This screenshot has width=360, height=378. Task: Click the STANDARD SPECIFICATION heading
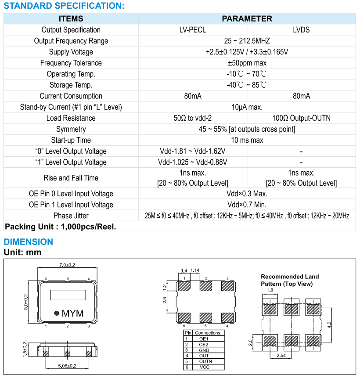[x=64, y=6]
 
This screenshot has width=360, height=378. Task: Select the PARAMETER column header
[x=247, y=19]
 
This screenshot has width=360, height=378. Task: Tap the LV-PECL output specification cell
[x=192, y=30]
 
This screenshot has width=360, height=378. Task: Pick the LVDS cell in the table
[x=301, y=30]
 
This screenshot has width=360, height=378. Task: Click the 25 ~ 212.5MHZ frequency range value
[x=247, y=41]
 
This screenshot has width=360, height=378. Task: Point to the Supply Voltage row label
[x=71, y=52]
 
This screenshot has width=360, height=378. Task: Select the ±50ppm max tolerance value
[x=247, y=63]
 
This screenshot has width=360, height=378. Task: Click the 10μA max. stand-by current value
[x=247, y=107]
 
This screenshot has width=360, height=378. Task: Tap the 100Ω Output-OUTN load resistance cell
[x=301, y=118]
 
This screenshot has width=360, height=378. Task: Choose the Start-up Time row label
[x=71, y=140]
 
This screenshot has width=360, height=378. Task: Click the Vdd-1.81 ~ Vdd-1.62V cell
[x=192, y=151]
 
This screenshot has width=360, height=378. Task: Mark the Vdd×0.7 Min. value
[x=247, y=205]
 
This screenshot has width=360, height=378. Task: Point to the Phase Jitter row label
[x=71, y=216]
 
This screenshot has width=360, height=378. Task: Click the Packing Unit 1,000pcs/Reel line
[x=60, y=227]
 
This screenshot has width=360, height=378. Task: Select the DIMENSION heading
[x=29, y=242]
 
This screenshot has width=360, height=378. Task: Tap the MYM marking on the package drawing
[x=72, y=313]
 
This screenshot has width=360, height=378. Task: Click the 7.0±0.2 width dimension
[x=67, y=265]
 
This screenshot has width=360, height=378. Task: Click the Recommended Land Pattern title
[x=290, y=280]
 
